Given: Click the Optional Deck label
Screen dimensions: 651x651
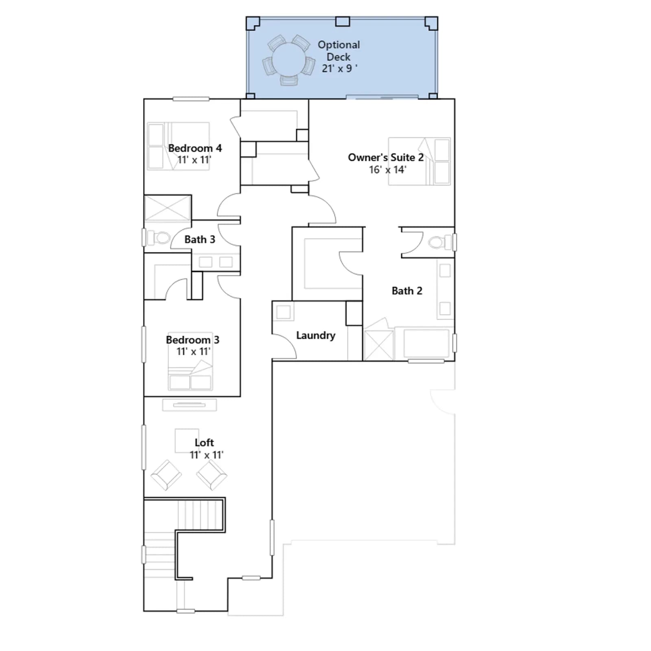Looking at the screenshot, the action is click(339, 51).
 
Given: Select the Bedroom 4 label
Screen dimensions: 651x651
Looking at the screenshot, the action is click(195, 148).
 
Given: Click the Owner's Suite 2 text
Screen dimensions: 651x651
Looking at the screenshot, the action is click(386, 157).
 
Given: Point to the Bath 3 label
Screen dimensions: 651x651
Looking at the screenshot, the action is click(200, 239).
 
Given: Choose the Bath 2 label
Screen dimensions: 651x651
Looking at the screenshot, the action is click(407, 291).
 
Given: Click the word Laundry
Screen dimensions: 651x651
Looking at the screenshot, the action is click(316, 335).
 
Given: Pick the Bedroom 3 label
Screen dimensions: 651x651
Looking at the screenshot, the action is click(192, 340).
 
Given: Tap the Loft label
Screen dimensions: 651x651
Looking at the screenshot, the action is click(204, 442).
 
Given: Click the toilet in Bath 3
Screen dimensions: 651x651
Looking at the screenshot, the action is click(158, 238).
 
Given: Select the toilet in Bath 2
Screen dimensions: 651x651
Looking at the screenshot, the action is click(439, 242).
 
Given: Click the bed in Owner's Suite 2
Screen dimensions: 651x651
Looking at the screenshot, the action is click(419, 162).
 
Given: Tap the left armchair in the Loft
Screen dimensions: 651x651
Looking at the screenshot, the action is click(166, 475).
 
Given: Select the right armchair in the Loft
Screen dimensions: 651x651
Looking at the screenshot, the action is click(212, 475).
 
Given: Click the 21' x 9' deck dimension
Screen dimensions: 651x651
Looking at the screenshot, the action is click(340, 68).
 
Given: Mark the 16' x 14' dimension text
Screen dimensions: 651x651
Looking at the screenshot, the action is click(387, 170).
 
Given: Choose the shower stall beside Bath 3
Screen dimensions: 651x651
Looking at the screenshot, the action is click(168, 208).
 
